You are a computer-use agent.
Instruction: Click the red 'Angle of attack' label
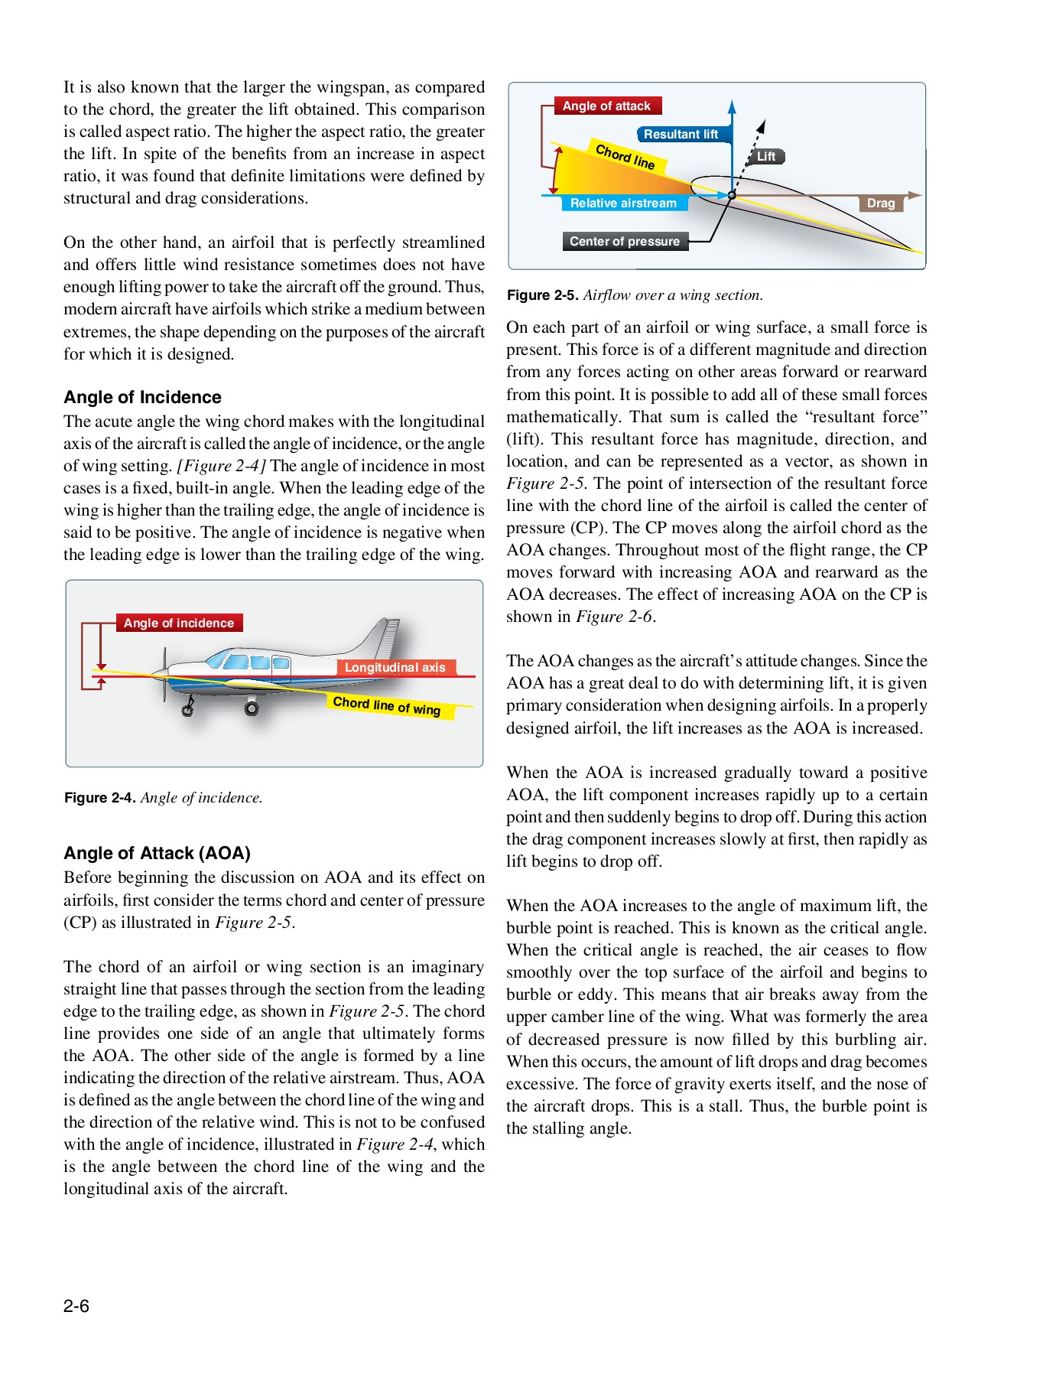click(606, 106)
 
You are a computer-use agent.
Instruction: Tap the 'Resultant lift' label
click(681, 135)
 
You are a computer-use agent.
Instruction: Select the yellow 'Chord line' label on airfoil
click(625, 156)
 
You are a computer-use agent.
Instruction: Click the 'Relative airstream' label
click(623, 203)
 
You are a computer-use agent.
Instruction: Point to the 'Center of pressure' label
click(625, 242)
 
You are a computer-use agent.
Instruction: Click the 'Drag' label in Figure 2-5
click(881, 203)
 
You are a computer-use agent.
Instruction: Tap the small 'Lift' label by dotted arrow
click(766, 157)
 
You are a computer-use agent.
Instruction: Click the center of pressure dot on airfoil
click(732, 196)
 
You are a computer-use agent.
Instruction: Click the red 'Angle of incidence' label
click(179, 623)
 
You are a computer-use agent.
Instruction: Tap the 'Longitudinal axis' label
click(395, 668)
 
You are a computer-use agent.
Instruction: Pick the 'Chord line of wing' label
click(387, 705)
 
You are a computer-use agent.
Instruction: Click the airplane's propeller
click(164, 674)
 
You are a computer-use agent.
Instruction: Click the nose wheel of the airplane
click(187, 711)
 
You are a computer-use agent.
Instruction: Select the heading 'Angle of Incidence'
click(142, 397)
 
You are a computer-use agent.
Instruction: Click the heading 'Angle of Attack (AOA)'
click(157, 853)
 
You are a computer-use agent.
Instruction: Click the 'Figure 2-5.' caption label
click(542, 295)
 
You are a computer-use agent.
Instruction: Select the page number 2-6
click(76, 1306)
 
